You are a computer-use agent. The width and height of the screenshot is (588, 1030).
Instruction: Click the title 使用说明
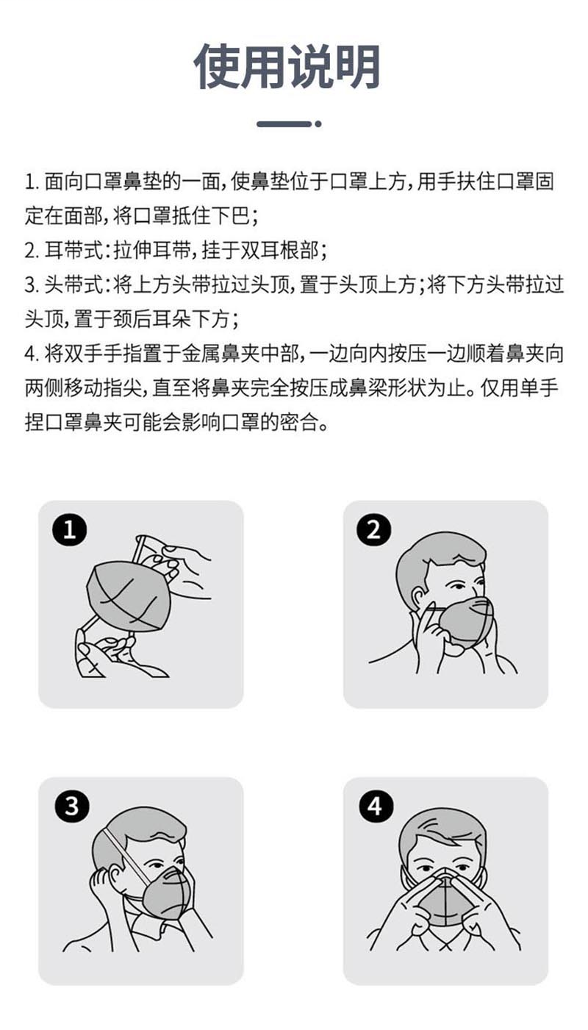(x=287, y=67)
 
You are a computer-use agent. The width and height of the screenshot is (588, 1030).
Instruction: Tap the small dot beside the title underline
(x=318, y=124)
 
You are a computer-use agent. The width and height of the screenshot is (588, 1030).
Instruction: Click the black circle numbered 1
(x=69, y=530)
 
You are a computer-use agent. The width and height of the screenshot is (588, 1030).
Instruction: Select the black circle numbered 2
(x=374, y=530)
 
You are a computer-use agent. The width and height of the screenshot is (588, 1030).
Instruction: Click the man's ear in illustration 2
(x=418, y=600)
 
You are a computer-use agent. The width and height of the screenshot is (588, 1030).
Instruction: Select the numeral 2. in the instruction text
(x=32, y=251)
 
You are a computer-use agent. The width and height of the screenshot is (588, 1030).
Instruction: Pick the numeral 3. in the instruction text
(x=32, y=285)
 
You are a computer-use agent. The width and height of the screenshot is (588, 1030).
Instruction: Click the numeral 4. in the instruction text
(x=32, y=354)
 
